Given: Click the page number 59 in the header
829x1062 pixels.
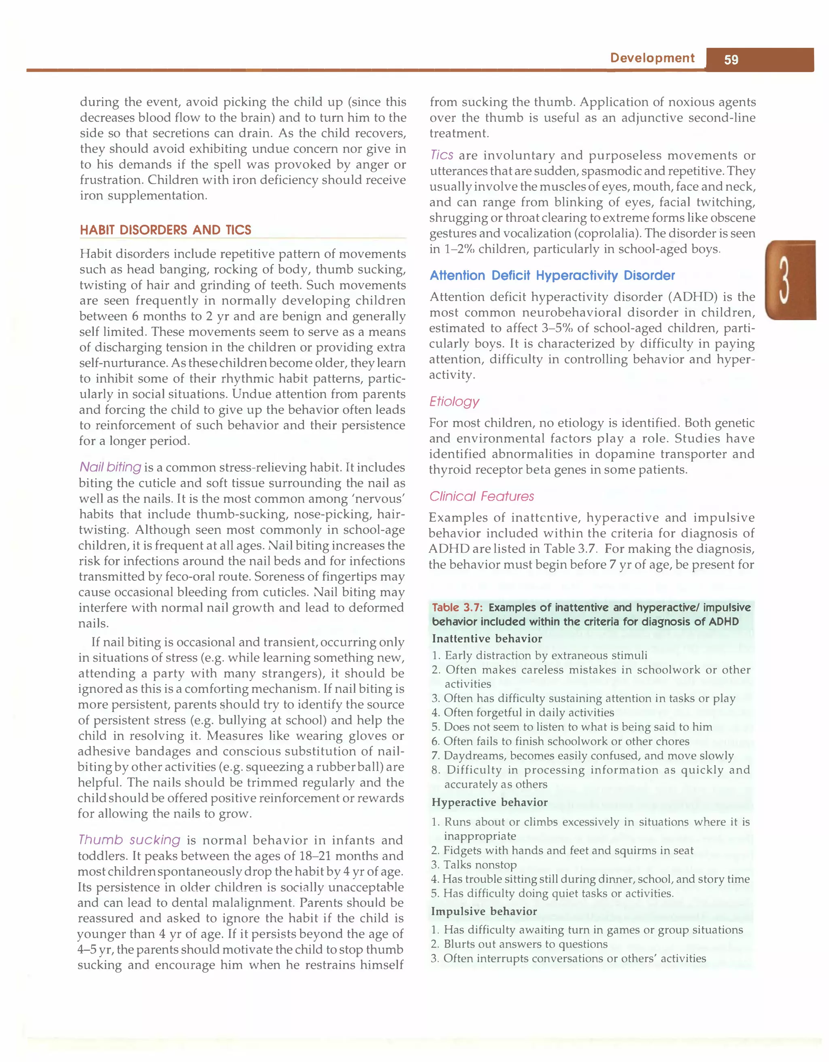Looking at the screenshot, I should (x=731, y=60).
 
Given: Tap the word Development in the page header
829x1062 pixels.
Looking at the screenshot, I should (x=652, y=58).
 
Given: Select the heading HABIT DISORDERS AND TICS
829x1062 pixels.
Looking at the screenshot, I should (x=165, y=229).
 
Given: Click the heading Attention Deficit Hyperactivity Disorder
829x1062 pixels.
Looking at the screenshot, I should (x=552, y=275).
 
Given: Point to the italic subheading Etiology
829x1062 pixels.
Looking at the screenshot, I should (x=454, y=401).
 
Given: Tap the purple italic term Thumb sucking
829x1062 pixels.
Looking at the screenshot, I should (x=130, y=840).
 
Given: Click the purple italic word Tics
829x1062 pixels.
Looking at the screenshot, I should (x=442, y=155).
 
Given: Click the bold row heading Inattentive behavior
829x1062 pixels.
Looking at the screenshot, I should (x=487, y=639).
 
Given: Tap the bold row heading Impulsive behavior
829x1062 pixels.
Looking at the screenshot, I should (x=484, y=911).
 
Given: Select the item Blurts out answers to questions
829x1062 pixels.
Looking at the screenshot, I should (x=525, y=944).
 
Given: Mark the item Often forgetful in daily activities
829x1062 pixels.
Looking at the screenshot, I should (x=529, y=712).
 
